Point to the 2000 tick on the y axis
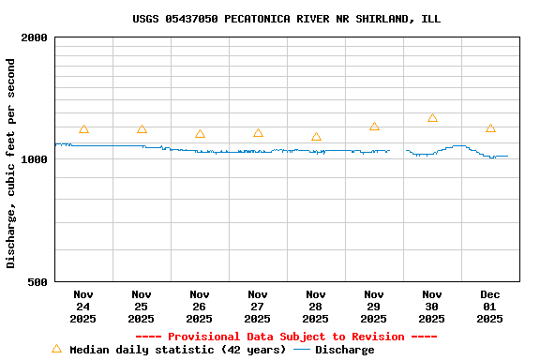(35, 37)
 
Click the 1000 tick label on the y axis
(35, 159)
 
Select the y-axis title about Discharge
(11, 163)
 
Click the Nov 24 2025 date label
(83, 306)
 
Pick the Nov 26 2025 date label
(200, 306)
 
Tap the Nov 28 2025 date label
(316, 306)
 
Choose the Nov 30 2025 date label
(432, 306)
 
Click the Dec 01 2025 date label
(490, 306)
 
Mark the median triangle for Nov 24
(83, 129)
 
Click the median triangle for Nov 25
(142, 129)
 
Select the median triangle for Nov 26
(200, 134)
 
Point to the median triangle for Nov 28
(316, 137)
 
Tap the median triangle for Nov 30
(432, 118)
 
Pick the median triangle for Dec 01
(490, 128)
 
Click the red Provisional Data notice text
(286, 337)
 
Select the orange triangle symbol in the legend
(56, 349)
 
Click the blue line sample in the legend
(302, 350)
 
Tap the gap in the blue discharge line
(397, 150)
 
